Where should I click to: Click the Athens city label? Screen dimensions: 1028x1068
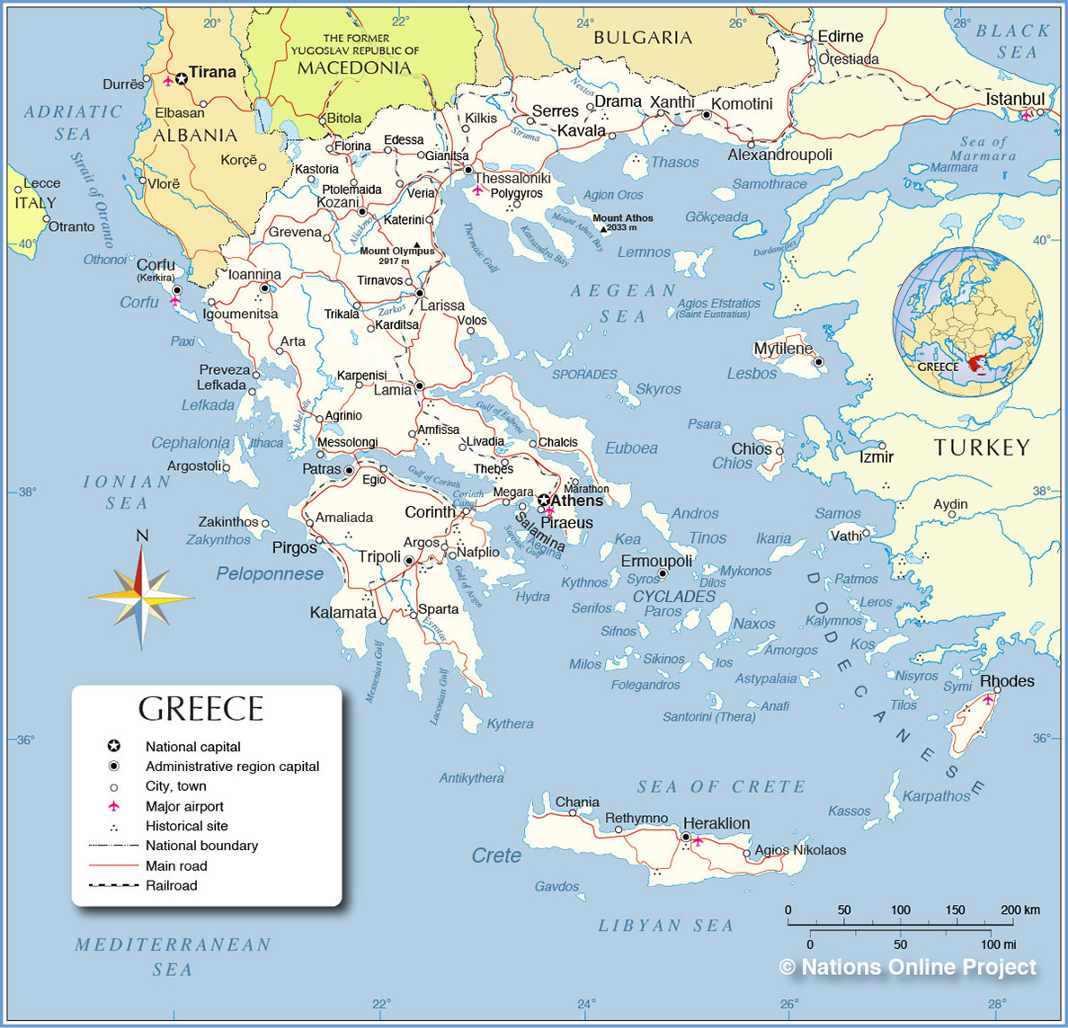[576, 501]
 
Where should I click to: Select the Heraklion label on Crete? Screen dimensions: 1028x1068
[716, 823]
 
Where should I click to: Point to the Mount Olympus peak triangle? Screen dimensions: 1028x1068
[416, 244]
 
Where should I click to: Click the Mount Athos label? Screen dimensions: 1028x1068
[623, 217]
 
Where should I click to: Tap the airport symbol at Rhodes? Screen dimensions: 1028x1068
[988, 698]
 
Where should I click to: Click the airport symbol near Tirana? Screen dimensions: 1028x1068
[168, 81]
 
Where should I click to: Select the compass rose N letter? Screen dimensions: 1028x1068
[142, 536]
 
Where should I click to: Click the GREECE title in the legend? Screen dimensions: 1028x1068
[200, 709]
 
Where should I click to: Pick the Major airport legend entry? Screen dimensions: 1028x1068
[184, 806]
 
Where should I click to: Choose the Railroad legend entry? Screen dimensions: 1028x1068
[171, 885]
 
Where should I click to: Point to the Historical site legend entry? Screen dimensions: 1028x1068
[186, 826]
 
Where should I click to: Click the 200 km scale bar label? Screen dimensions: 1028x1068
[1020, 909]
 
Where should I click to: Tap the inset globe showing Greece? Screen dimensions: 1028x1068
[967, 323]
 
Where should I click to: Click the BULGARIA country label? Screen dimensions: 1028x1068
[643, 38]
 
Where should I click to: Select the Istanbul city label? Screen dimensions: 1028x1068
[1015, 99]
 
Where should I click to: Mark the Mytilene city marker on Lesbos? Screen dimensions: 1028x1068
[819, 362]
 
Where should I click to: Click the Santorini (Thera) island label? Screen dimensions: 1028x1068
[709, 716]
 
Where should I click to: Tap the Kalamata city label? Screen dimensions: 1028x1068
[343, 613]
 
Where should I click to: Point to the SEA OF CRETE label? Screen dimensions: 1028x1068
[721, 786]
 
